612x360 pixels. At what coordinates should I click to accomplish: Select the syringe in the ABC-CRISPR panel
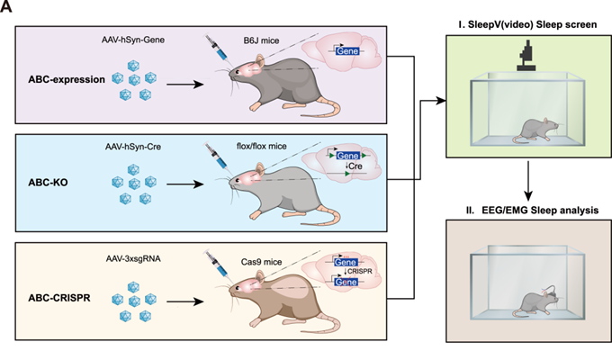pyautogui.click(x=219, y=261)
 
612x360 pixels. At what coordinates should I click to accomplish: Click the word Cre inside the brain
pyautogui.click(x=347, y=168)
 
